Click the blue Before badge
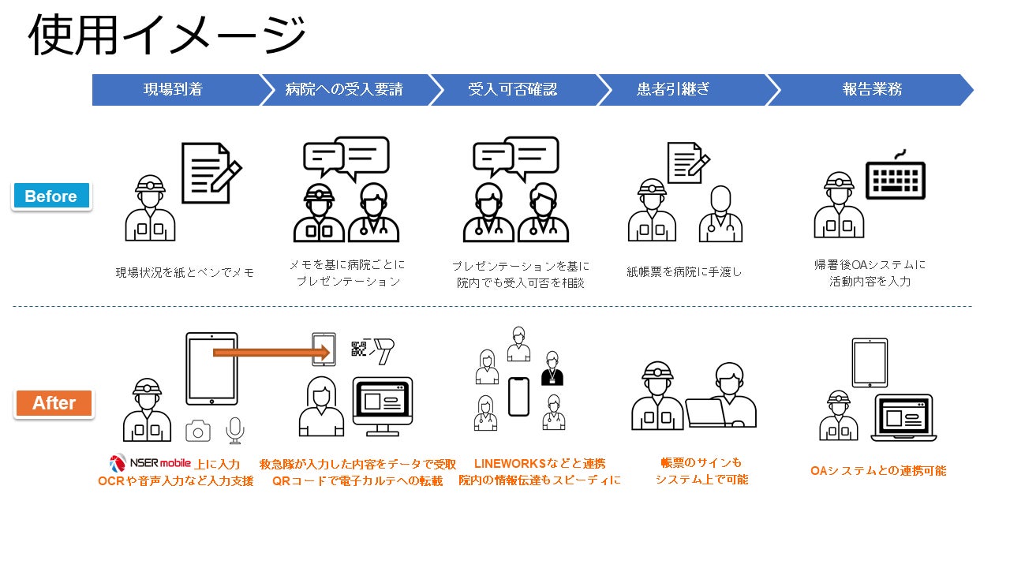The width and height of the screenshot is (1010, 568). pyautogui.click(x=51, y=196)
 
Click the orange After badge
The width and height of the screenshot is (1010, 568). pyautogui.click(x=54, y=403)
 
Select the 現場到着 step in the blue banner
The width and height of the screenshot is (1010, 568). pyautogui.click(x=173, y=89)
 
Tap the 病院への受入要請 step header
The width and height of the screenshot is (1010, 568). pyautogui.click(x=344, y=89)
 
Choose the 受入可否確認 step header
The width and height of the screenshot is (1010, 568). pyautogui.click(x=512, y=89)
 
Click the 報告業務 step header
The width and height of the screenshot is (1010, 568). pyautogui.click(x=871, y=89)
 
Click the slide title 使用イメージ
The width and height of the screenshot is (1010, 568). pyautogui.click(x=166, y=35)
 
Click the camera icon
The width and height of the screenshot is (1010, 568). pyautogui.click(x=198, y=430)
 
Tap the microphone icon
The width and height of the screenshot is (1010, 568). pyautogui.click(x=234, y=430)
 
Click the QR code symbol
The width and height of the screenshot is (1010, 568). pyautogui.click(x=360, y=348)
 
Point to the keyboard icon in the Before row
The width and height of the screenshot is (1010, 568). pyautogui.click(x=896, y=178)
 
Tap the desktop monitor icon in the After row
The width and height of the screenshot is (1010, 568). pyautogui.click(x=382, y=405)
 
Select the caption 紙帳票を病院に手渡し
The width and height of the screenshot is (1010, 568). pyautogui.click(x=684, y=271)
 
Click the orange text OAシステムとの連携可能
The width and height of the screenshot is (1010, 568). pyautogui.click(x=877, y=471)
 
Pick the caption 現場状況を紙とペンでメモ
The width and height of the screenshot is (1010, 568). pyautogui.click(x=185, y=273)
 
